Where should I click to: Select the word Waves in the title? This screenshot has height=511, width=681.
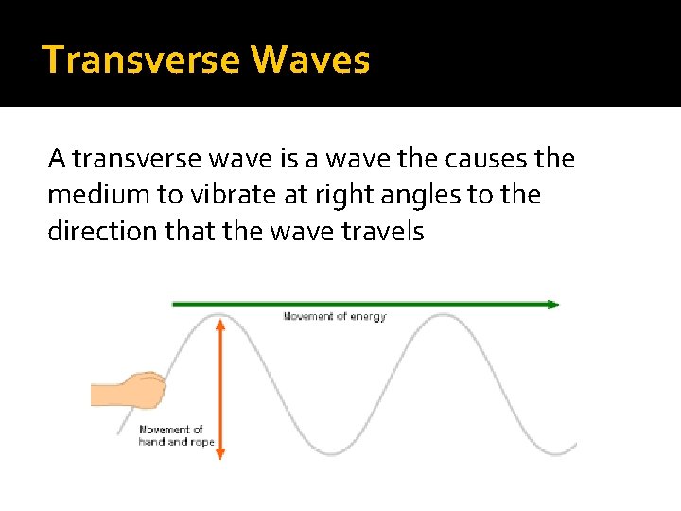(311, 60)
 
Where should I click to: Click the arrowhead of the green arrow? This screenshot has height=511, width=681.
(553, 304)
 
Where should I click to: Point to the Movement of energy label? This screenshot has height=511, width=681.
(335, 317)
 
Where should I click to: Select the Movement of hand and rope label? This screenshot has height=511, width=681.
(177, 435)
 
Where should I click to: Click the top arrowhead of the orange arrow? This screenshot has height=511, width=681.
(219, 324)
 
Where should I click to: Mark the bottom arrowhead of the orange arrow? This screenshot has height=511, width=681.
(219, 454)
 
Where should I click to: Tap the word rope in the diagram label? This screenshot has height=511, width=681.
(202, 442)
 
